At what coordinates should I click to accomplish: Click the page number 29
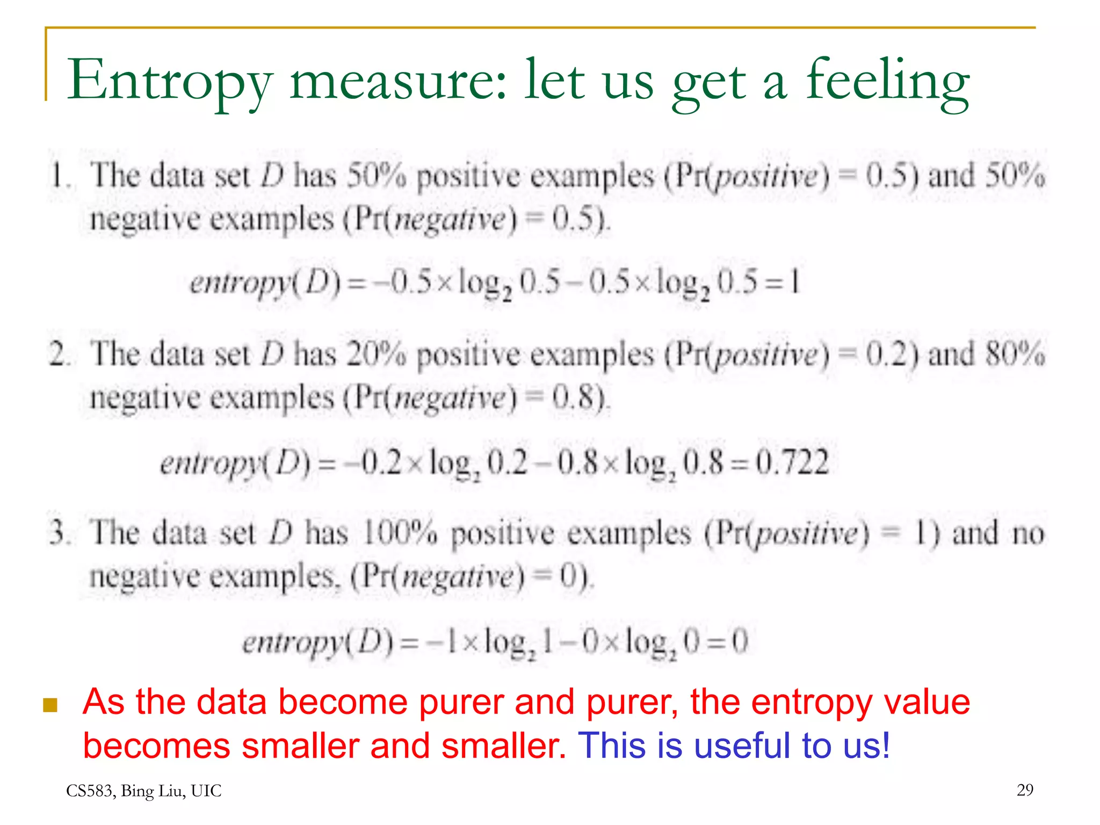click(1025, 790)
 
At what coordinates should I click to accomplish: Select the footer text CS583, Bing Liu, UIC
click(143, 791)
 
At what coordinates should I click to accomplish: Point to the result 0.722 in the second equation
click(792, 462)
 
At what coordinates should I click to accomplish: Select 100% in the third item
click(400, 533)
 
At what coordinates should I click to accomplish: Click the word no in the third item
click(1028, 533)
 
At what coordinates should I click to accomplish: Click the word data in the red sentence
click(231, 701)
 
